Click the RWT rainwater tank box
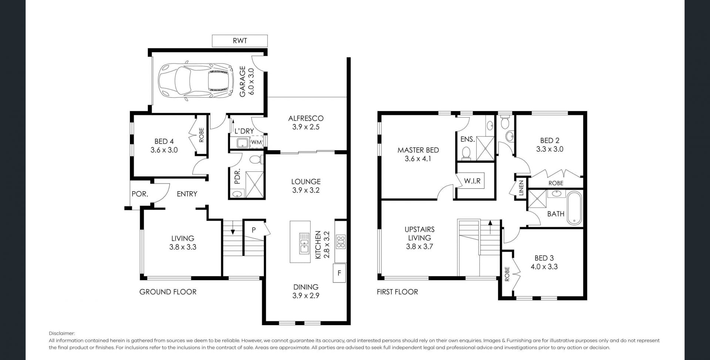point(240,41)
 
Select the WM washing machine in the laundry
point(256,142)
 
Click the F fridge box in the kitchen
point(339,273)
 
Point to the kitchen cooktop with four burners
point(341,242)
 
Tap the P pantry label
point(254,230)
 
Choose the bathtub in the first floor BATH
point(574,208)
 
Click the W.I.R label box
point(472,181)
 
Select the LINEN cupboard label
point(521,188)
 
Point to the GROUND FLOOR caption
point(168,292)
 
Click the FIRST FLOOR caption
point(398,292)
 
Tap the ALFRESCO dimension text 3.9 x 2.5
point(306,127)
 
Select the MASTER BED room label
point(418,150)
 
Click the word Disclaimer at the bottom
point(62,333)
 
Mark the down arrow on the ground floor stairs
point(233,228)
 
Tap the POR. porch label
point(140,194)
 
